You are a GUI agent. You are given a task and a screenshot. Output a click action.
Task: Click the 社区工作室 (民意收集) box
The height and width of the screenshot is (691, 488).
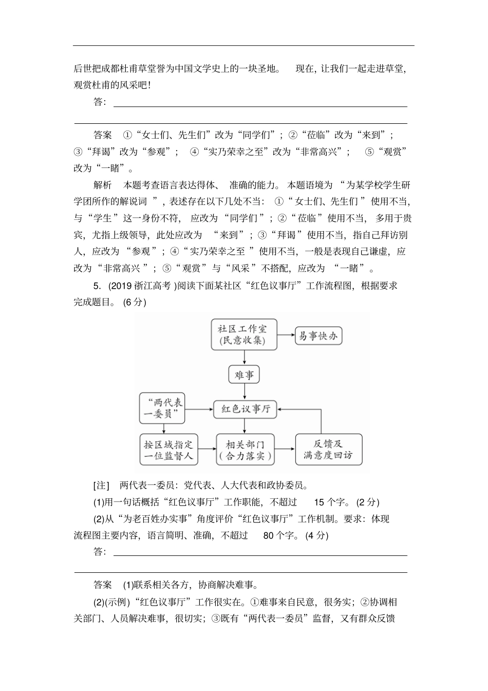[x=244, y=334]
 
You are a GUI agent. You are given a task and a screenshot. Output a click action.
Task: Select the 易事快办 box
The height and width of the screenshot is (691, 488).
[x=318, y=336]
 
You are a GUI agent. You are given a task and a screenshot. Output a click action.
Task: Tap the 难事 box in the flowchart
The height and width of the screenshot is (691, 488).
[x=244, y=375]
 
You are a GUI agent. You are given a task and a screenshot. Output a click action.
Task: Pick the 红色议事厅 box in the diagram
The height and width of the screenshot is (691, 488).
[x=245, y=409]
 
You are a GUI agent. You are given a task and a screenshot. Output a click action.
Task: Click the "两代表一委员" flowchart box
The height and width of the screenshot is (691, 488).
[x=162, y=408]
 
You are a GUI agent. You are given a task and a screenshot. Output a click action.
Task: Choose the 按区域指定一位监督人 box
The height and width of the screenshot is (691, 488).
[x=168, y=450]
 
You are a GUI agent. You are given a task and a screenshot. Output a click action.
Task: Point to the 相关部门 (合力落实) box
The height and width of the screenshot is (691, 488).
[x=244, y=450]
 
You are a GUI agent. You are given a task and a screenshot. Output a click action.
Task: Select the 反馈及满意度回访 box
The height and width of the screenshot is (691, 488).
[x=328, y=450]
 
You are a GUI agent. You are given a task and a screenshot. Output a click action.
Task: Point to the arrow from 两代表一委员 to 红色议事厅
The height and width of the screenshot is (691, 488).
[x=199, y=409]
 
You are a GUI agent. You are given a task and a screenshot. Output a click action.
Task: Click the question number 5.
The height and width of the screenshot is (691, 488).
[x=96, y=286]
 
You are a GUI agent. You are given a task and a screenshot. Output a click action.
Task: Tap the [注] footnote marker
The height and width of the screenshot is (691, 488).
[x=101, y=486]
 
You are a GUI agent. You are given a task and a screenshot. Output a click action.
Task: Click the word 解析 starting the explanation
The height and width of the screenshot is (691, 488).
[x=102, y=185]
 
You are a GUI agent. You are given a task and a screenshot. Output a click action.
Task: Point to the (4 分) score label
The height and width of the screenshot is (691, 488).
[x=316, y=535]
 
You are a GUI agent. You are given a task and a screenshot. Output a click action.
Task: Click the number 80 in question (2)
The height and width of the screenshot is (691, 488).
[x=268, y=535]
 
